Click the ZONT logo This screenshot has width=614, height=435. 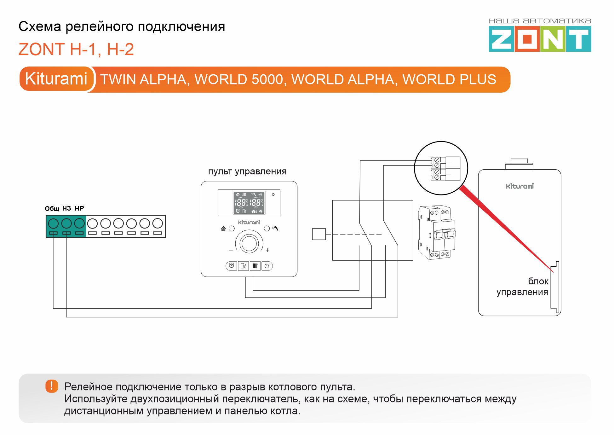click(540, 39)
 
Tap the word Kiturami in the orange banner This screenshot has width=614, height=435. click(56, 78)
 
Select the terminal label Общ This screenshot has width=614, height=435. click(52, 209)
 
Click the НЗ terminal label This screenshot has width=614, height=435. click(66, 208)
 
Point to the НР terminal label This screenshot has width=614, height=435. click(79, 208)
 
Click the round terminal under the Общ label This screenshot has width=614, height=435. click(53, 223)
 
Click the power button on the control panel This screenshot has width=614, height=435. click(267, 266)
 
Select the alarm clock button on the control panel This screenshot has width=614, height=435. click(231, 266)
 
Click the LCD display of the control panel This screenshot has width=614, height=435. click(249, 203)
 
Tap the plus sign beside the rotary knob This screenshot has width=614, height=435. click(267, 250)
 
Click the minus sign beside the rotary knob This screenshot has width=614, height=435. click(231, 250)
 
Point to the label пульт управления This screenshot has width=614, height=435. click(247, 171)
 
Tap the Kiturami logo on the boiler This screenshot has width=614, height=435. click(520, 186)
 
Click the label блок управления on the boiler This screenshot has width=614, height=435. click(523, 287)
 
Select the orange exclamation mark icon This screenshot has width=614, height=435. click(52, 386)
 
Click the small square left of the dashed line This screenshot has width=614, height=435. click(318, 234)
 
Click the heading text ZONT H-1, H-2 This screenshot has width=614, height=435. click(76, 49)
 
